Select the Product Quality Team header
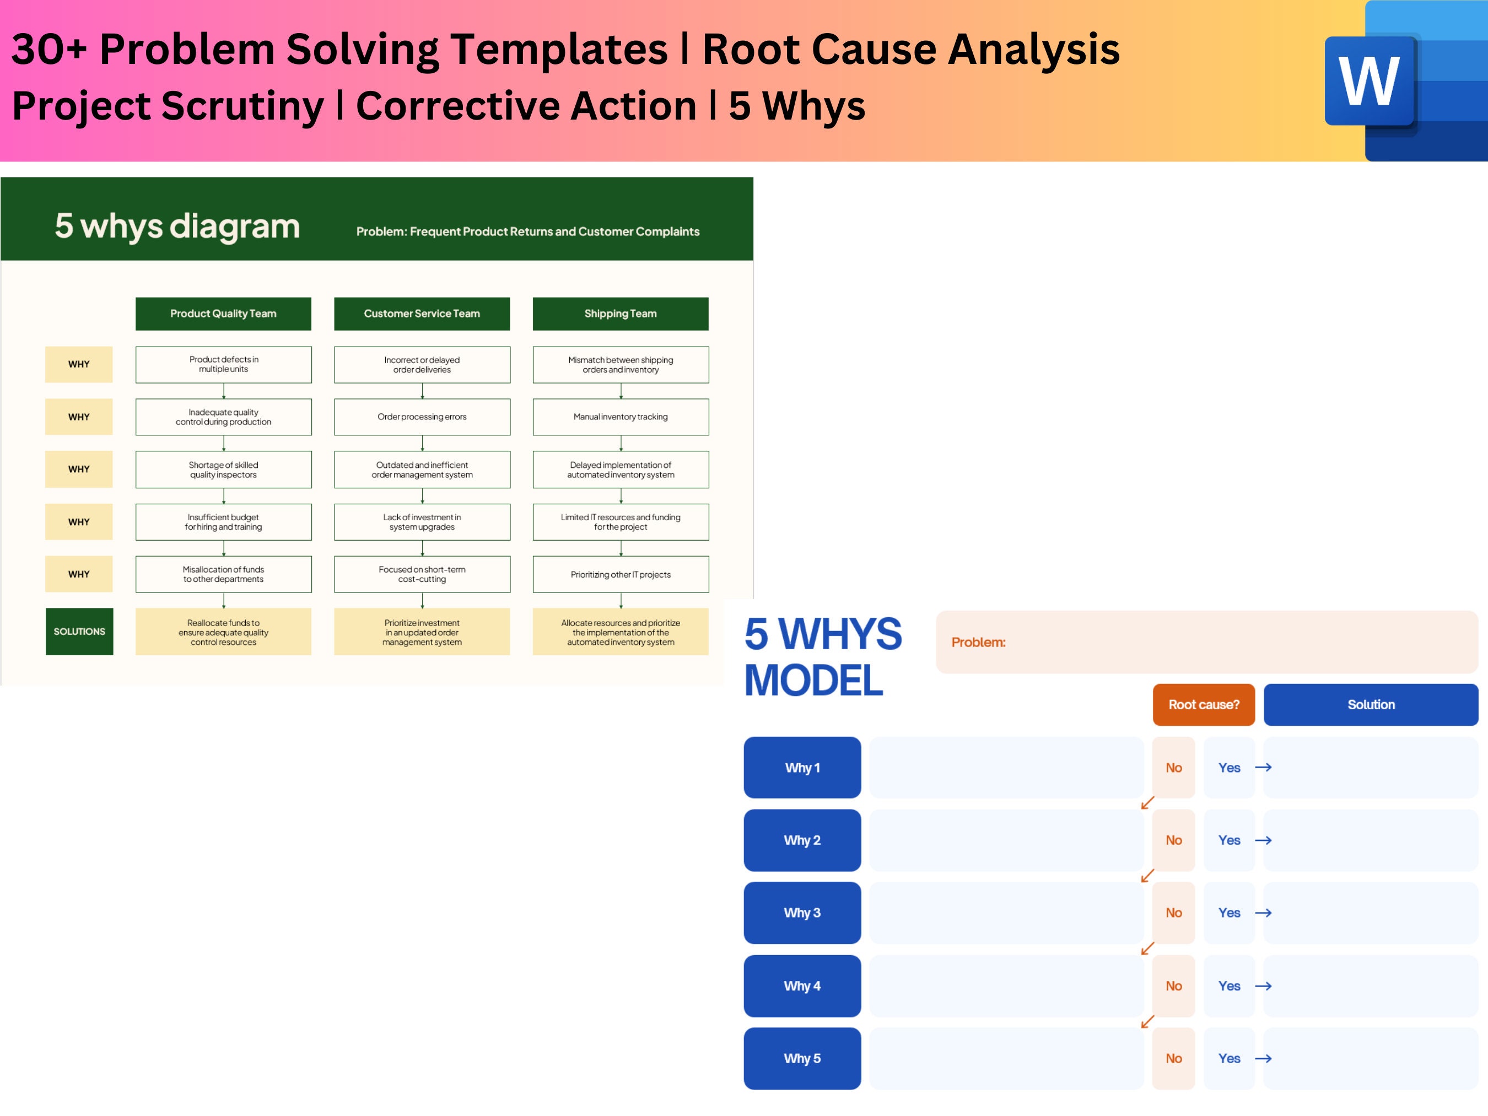coord(223,314)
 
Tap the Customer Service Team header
coord(422,314)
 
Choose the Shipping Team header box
coord(620,314)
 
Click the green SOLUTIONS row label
coord(79,631)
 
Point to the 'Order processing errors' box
coord(422,417)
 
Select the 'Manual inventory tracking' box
coord(620,417)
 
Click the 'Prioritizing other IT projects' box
coord(620,574)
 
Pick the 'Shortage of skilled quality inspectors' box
coord(223,470)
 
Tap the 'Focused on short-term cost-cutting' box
coord(422,574)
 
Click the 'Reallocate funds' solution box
coord(223,632)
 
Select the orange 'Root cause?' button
coord(1204,704)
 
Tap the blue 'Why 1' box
coord(802,768)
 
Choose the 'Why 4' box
coord(802,985)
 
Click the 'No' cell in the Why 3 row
coord(1173,913)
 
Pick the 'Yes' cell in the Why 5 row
coord(1229,1058)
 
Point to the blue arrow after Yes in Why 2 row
coord(1263,840)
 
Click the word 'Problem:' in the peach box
coord(978,643)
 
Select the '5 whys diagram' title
coord(177,226)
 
